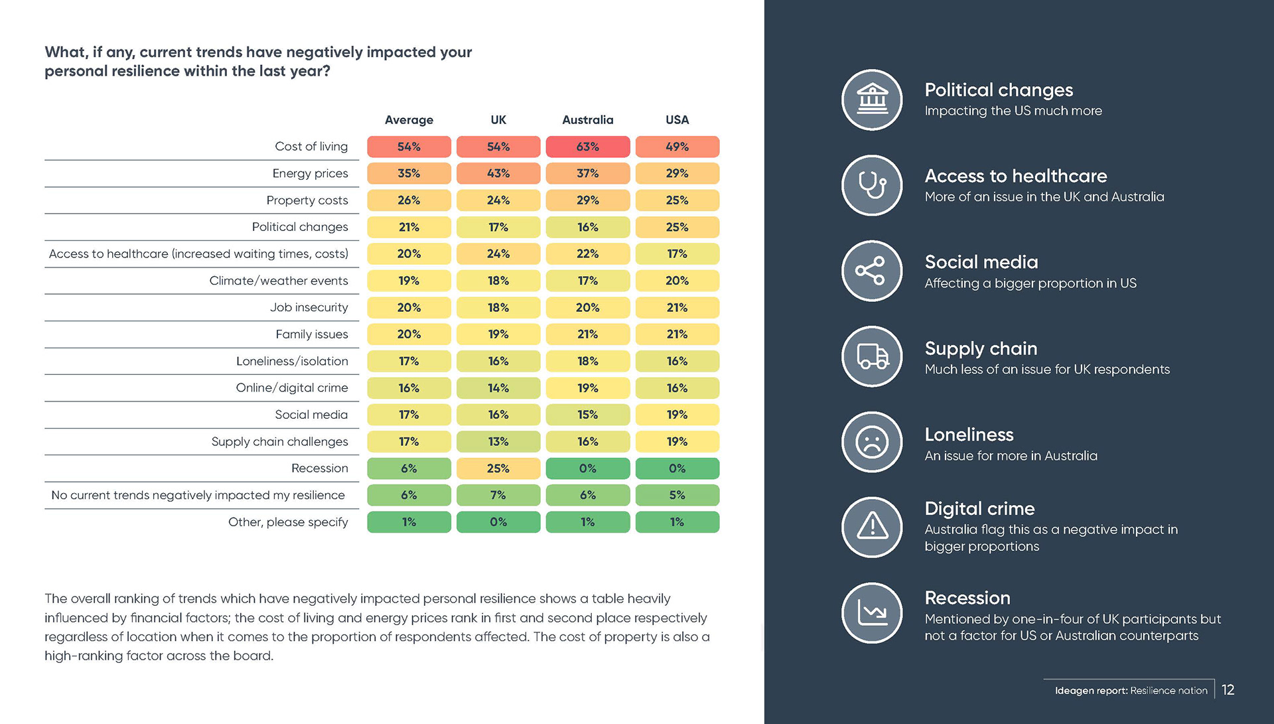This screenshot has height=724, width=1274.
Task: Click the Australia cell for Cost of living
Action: point(587,147)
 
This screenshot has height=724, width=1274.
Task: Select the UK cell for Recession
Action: point(498,469)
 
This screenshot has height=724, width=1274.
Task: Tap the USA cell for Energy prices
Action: point(677,173)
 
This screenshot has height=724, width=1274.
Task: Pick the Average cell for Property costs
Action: point(409,200)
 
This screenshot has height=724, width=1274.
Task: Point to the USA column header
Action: point(677,120)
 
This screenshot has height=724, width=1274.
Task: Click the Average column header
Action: point(409,120)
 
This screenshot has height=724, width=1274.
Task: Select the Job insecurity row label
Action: point(309,307)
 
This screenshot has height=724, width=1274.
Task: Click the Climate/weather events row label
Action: point(279,281)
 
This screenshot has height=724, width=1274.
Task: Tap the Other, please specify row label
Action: point(288,522)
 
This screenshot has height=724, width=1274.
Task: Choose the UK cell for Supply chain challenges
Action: point(498,441)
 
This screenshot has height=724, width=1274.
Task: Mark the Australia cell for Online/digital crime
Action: point(587,388)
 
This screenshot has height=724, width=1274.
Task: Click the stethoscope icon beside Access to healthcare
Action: point(872,185)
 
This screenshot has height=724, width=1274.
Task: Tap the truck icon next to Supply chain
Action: point(872,356)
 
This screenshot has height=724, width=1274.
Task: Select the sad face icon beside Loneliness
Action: point(872,442)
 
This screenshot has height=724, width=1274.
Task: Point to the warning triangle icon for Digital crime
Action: point(872,527)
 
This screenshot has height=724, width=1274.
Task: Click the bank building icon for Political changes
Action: point(872,100)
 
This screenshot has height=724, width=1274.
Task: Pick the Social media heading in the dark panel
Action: point(981,262)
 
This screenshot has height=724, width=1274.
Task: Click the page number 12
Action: point(1228,690)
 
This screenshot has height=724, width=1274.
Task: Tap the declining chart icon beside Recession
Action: point(872,613)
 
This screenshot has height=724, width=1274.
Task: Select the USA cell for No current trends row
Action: point(677,495)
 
